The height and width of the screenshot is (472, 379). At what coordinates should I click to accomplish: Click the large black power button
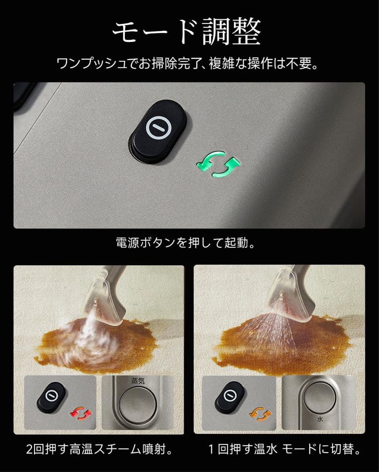pyautogui.click(x=158, y=130)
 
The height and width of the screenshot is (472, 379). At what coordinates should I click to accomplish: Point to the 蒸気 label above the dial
pyautogui.click(x=138, y=381)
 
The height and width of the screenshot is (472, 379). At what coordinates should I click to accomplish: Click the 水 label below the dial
pyautogui.click(x=320, y=418)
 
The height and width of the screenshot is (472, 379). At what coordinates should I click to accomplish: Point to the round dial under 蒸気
pyautogui.click(x=138, y=404)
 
